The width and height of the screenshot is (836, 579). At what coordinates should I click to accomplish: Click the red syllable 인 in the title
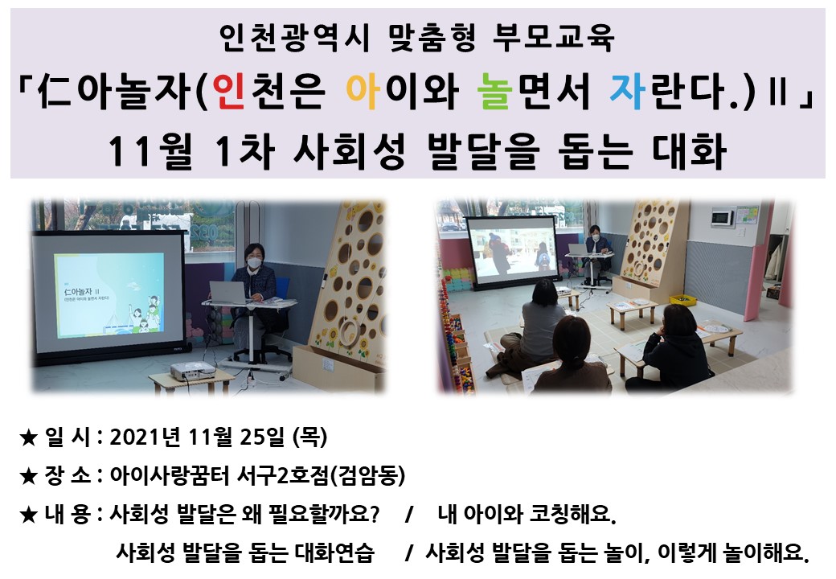click(229, 91)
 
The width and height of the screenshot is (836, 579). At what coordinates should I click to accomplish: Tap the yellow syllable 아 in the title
click(363, 91)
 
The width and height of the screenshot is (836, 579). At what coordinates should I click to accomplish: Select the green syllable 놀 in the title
click(495, 91)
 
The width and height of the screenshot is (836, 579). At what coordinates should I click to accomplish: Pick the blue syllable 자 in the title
click(628, 91)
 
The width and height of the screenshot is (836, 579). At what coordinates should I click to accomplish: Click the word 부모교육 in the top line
click(554, 38)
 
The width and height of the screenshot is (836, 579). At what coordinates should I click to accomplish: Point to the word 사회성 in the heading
click(350, 151)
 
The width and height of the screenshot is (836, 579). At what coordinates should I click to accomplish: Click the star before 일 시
click(27, 437)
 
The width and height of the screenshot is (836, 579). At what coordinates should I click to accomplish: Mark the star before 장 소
click(27, 476)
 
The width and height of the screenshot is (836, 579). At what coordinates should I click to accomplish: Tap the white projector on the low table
click(192, 372)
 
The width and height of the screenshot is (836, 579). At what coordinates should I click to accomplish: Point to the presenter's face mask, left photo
click(254, 262)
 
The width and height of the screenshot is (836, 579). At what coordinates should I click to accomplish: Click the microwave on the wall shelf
click(722, 217)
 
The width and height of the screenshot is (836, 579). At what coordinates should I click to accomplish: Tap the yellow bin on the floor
click(682, 300)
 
